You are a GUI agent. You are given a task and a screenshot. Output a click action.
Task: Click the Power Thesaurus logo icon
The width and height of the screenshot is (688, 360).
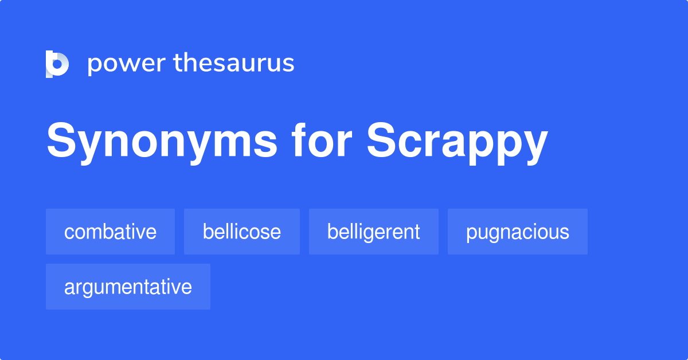click(x=57, y=64)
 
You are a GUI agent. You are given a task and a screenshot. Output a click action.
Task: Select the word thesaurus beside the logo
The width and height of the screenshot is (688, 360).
click(x=234, y=64)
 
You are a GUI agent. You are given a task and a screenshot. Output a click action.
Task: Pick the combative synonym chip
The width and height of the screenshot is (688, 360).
click(x=110, y=232)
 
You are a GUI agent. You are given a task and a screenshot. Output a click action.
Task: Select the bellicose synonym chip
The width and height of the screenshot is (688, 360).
click(x=241, y=232)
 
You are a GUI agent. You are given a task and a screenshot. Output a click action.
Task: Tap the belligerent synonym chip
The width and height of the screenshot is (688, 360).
click(x=373, y=232)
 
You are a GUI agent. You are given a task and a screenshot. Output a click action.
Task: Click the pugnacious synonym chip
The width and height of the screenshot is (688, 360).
click(x=517, y=232)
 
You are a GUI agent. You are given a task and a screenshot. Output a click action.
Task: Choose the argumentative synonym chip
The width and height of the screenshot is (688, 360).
click(x=128, y=287)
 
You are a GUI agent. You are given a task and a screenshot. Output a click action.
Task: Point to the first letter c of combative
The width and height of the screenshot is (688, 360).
click(x=68, y=232)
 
